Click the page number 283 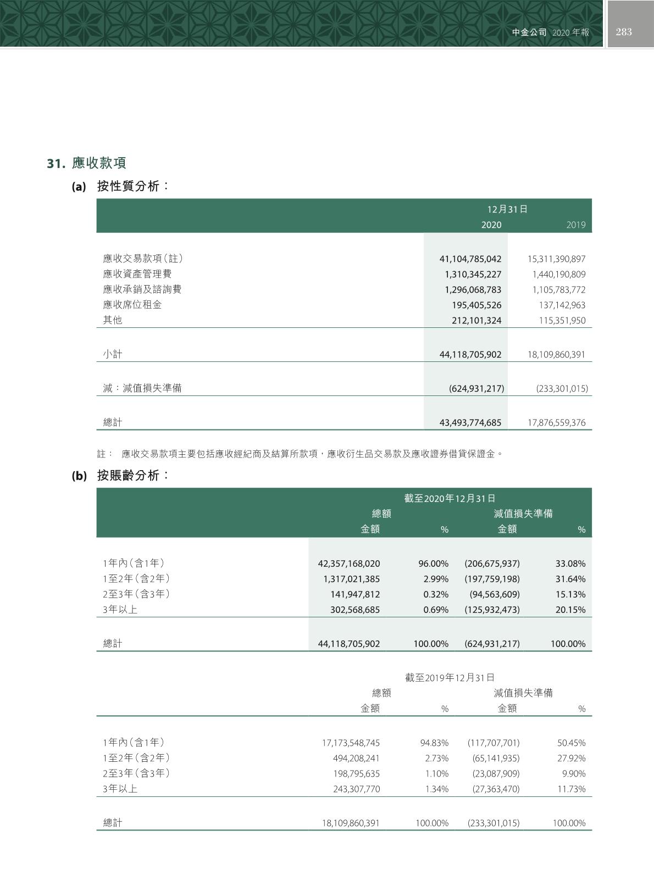624,32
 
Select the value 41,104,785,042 470,259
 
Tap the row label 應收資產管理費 137,274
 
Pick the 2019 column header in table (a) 575,225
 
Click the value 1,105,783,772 558,289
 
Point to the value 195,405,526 476,305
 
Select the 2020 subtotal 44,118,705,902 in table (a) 470,355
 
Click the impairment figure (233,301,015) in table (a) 562,389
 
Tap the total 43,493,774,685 470,423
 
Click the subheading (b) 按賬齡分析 121,476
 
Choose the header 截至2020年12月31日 450,498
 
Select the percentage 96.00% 433,564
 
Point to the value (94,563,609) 494,594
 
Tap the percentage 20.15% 570,610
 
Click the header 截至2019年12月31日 450,678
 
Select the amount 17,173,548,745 351,743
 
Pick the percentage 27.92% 571,758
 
